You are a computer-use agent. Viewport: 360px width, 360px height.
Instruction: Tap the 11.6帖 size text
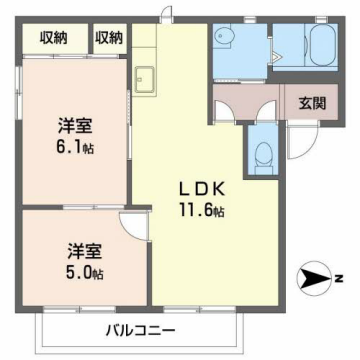201,210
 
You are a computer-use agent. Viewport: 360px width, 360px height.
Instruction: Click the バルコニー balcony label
142,329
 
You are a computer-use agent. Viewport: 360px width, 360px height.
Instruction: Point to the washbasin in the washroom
224,39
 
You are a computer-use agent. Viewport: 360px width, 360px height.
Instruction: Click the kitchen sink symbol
144,78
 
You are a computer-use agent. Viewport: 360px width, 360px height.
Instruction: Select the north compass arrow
318,279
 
